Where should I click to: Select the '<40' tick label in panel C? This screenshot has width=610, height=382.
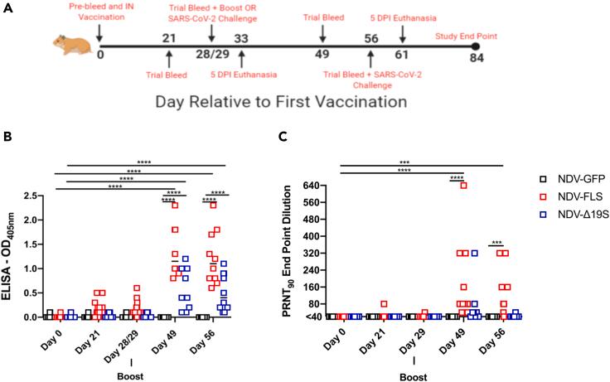pyautogui.click(x=312, y=317)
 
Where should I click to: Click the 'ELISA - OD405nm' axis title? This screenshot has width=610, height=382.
pyautogui.click(x=11, y=256)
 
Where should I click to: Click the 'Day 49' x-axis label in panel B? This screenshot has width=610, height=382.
pyautogui.click(x=172, y=337)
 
